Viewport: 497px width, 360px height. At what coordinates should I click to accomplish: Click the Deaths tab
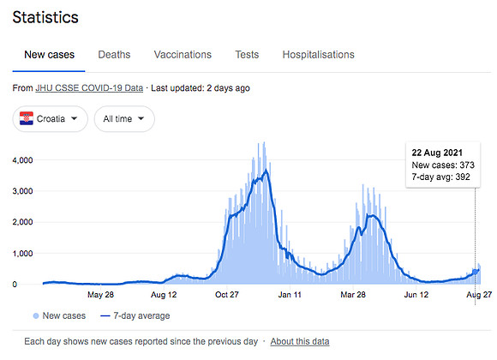click(114, 55)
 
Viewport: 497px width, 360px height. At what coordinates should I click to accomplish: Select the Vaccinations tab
click(183, 55)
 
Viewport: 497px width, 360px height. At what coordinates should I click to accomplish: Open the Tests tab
click(247, 55)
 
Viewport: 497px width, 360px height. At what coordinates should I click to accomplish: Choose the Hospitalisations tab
click(318, 55)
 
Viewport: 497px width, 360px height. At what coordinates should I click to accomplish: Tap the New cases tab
click(49, 55)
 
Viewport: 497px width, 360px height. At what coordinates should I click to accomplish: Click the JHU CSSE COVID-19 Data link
click(89, 88)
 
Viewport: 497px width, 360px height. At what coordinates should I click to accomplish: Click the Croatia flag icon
click(27, 118)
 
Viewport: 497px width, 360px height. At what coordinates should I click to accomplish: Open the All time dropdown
click(124, 119)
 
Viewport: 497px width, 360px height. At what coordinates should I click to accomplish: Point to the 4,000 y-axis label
click(22, 160)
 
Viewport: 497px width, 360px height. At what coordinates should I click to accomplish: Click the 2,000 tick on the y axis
click(22, 222)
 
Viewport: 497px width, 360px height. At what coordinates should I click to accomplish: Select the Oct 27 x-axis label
click(226, 295)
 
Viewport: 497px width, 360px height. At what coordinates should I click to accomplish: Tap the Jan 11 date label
click(290, 295)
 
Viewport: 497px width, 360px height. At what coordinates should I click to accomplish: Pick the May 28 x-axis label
click(100, 295)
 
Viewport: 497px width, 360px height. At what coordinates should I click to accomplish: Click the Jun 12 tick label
click(416, 295)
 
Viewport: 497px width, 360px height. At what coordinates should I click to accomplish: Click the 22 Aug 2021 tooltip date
click(437, 153)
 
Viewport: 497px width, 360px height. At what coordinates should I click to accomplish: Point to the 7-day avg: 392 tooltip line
click(440, 177)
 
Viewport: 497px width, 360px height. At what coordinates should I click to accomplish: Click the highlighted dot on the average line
click(475, 272)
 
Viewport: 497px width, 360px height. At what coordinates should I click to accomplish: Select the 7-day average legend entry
click(135, 316)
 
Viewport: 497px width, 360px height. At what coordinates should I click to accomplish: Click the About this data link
click(300, 342)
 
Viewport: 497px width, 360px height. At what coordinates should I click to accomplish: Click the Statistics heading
click(45, 17)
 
